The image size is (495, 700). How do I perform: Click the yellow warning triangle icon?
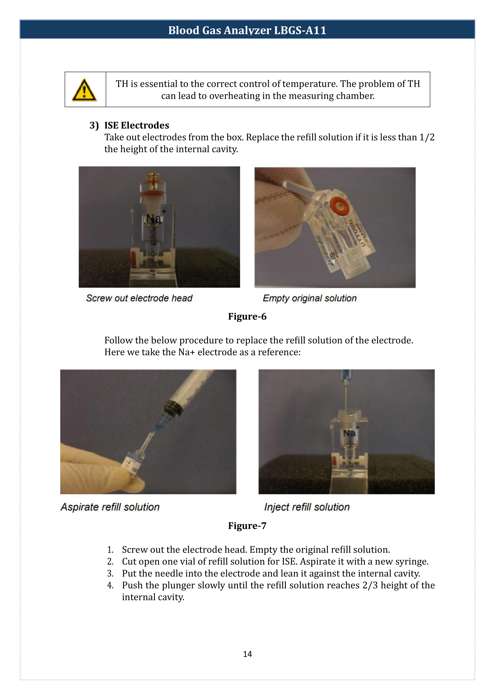84,91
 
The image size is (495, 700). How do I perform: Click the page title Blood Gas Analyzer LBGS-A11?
247,30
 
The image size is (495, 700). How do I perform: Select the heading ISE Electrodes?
136,125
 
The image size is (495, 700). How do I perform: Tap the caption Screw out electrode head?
139,298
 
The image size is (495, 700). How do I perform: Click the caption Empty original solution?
309,298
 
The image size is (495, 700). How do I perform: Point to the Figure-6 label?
247,316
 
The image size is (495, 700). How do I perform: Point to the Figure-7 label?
247,526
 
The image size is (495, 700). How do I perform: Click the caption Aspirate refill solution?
110,507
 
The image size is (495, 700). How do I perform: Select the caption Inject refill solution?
307,507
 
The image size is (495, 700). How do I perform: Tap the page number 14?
247,654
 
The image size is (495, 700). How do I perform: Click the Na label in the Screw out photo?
153,218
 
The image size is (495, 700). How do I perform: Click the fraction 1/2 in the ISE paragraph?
427,137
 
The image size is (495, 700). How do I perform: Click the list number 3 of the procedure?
110,573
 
